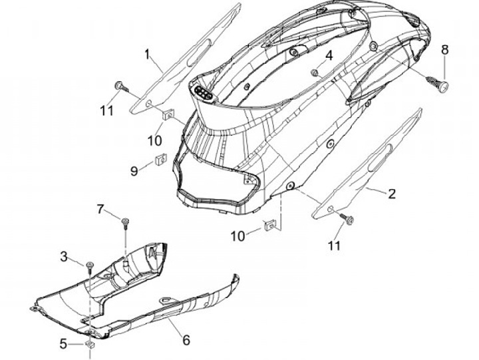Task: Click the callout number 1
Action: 148,53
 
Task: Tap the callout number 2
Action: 392,194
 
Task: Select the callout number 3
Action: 64,256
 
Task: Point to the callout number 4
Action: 329,54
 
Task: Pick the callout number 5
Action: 64,344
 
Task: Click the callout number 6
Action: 186,340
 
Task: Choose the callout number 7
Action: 100,210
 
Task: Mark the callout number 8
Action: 445,49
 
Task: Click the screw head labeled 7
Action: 124,220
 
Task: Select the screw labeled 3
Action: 88,266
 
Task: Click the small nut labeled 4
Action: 315,71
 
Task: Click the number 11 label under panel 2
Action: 333,246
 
